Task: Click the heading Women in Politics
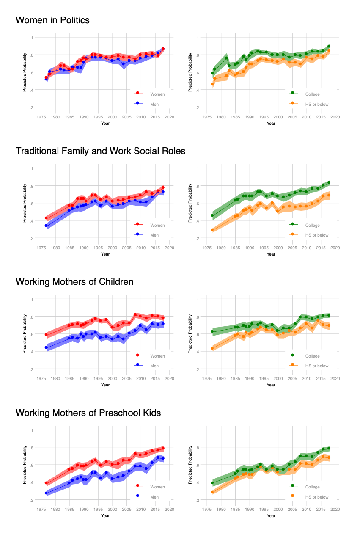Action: coord(52,20)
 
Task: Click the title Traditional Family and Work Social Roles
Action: coord(100,151)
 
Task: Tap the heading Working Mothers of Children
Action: coord(74,281)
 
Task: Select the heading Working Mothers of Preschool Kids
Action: coord(88,412)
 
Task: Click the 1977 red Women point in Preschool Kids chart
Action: coord(46,483)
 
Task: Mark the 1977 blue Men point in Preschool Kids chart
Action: coord(46,493)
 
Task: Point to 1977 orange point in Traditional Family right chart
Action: coord(212,230)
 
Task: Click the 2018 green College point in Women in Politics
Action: coord(329,46)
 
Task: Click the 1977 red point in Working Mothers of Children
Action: coord(46,335)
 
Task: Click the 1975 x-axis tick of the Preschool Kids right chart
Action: coord(207,509)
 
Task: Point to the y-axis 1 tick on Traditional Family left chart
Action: coord(32,168)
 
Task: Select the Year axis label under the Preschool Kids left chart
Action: coord(105,515)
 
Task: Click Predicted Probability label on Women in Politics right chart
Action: coord(190,72)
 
